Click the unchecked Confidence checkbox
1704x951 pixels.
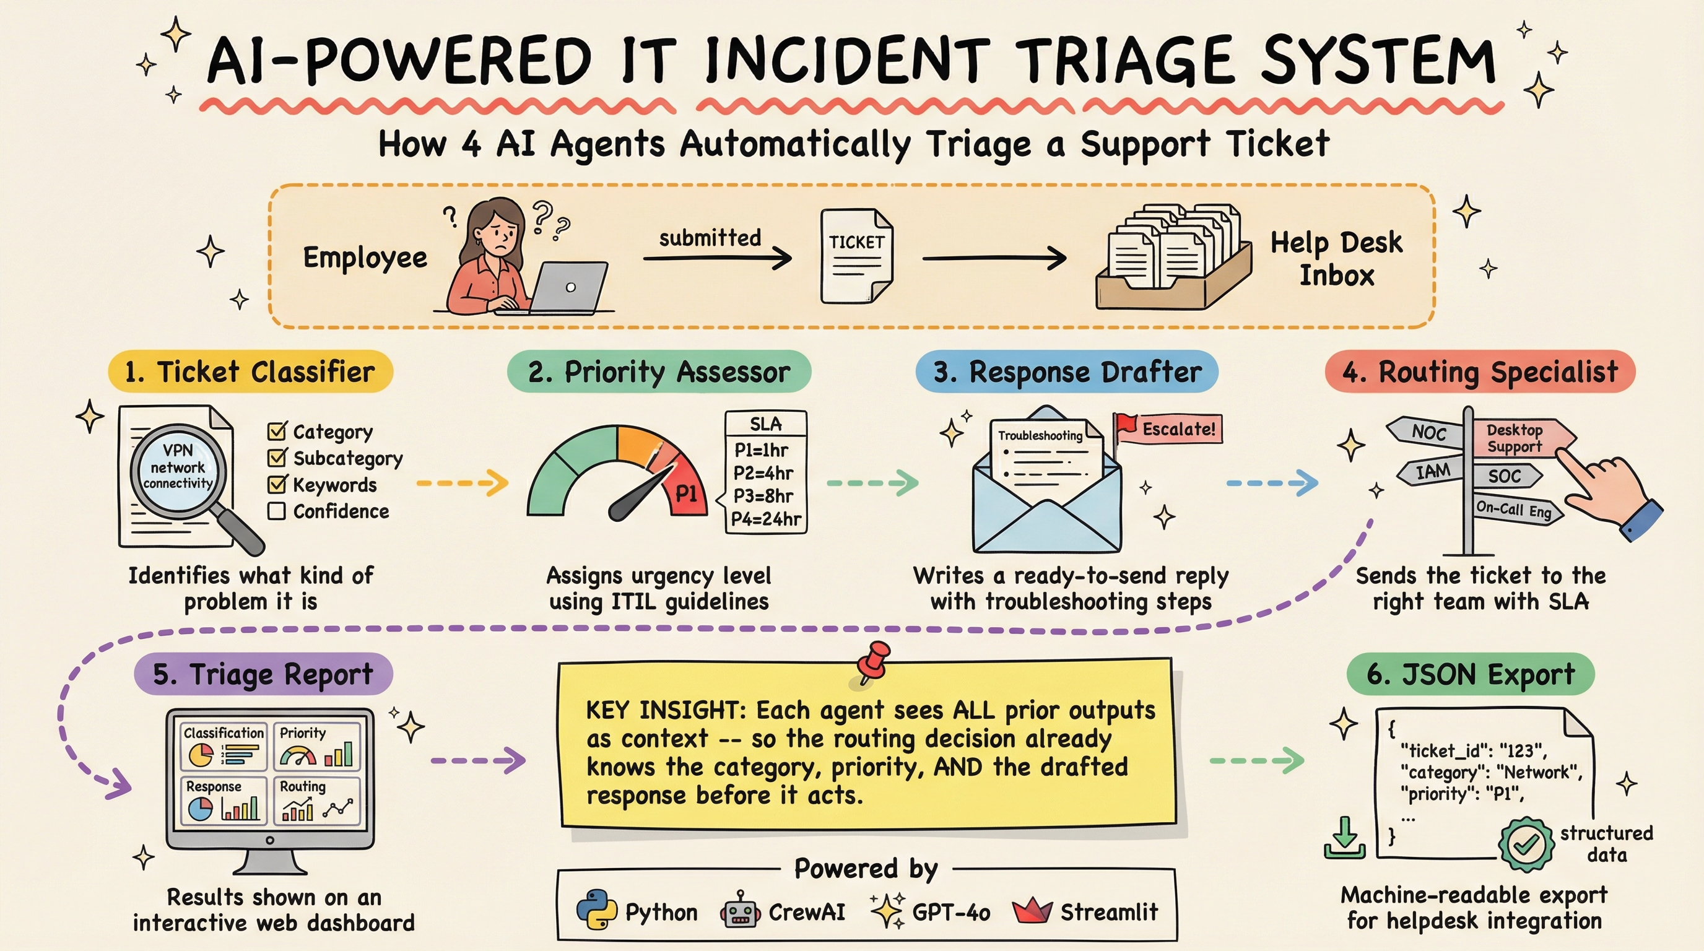point(277,511)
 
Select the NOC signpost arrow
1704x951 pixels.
point(1425,432)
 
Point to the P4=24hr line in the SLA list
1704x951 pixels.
point(765,519)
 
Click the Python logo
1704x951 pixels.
point(597,910)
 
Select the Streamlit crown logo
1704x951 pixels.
point(1032,911)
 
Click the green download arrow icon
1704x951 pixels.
point(1345,838)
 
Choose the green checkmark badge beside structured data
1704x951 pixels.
point(1526,844)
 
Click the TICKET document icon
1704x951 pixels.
point(856,256)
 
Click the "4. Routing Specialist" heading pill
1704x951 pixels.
point(1480,371)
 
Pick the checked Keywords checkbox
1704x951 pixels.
point(277,484)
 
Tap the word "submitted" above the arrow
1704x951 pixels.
point(710,237)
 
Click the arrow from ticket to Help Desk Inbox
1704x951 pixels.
point(994,258)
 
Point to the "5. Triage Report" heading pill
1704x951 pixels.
point(263,675)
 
